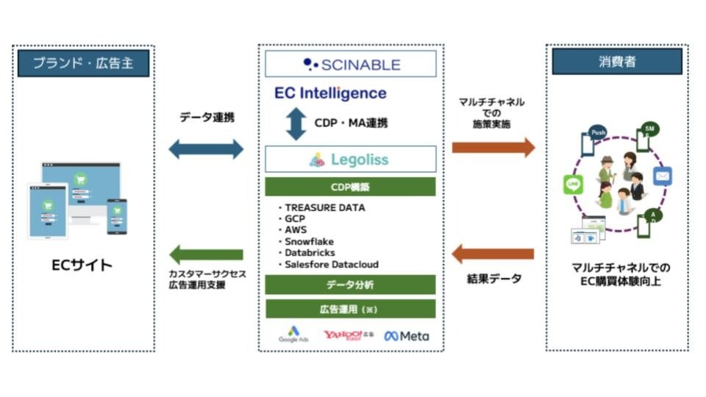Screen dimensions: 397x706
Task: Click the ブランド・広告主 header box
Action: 83,62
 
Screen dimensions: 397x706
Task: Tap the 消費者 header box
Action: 617,62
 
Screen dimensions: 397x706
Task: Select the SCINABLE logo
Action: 351,64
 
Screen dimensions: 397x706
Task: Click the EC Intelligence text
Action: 330,93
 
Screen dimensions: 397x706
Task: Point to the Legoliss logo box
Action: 351,159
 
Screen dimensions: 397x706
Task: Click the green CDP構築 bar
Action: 351,186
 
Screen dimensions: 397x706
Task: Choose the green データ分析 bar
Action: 351,284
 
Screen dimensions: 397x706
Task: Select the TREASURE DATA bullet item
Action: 324,207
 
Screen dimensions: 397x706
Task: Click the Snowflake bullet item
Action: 310,241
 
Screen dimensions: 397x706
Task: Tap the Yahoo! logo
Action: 348,335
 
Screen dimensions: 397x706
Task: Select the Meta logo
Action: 406,335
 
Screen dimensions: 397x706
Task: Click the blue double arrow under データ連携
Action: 206,149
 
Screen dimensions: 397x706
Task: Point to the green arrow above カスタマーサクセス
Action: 206,255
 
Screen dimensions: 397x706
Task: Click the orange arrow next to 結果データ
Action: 493,254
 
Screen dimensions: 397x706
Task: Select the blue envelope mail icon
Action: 662,176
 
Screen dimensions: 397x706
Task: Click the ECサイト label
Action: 84,265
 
